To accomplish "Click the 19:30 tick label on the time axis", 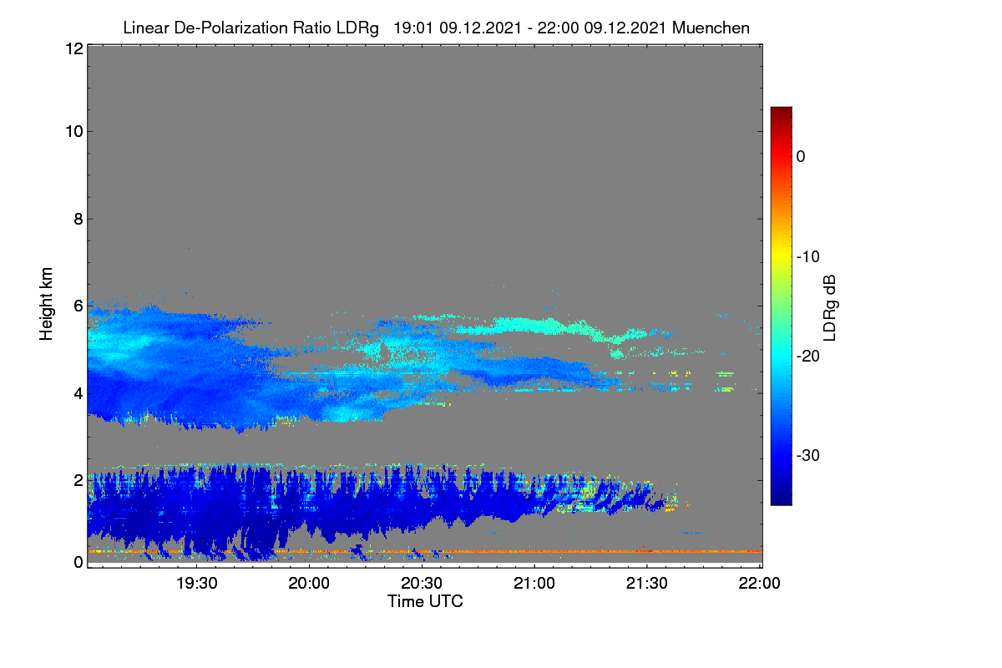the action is (x=196, y=583).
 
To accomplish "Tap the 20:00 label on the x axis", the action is (x=309, y=583).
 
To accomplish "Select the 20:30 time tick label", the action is (x=422, y=583).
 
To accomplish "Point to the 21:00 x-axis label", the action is (x=534, y=583).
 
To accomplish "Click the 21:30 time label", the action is (x=646, y=583).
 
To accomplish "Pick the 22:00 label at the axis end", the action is (x=759, y=583).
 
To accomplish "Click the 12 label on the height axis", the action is (x=74, y=48).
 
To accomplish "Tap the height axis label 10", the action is (x=74, y=132).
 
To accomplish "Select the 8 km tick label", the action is (x=78, y=220).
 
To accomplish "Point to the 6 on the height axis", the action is (x=78, y=306).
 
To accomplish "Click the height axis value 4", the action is (x=78, y=394).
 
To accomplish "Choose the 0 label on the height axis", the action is (x=78, y=562).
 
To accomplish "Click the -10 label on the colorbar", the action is (x=808, y=257).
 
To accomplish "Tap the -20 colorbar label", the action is (x=808, y=357).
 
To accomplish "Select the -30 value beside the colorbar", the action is (x=808, y=455).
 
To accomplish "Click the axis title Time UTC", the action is (x=425, y=601).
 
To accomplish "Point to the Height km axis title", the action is (x=46, y=304).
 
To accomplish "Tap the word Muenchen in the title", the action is (x=711, y=28).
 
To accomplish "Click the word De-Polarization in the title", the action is (x=230, y=28).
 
